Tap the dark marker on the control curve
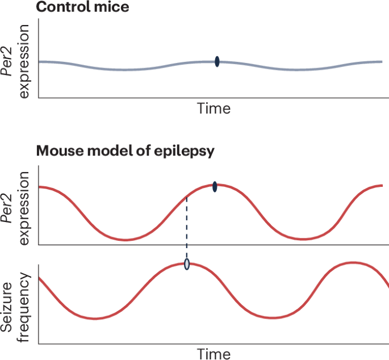pos(217,61)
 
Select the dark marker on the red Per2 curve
pos(215,186)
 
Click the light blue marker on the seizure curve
pos(187,263)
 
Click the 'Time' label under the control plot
pos(214,108)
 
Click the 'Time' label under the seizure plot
pos(214,353)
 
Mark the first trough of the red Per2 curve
pos(126,240)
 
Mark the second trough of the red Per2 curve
pos(304,240)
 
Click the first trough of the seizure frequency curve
pos(95,319)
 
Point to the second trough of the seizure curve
pos(273,317)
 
